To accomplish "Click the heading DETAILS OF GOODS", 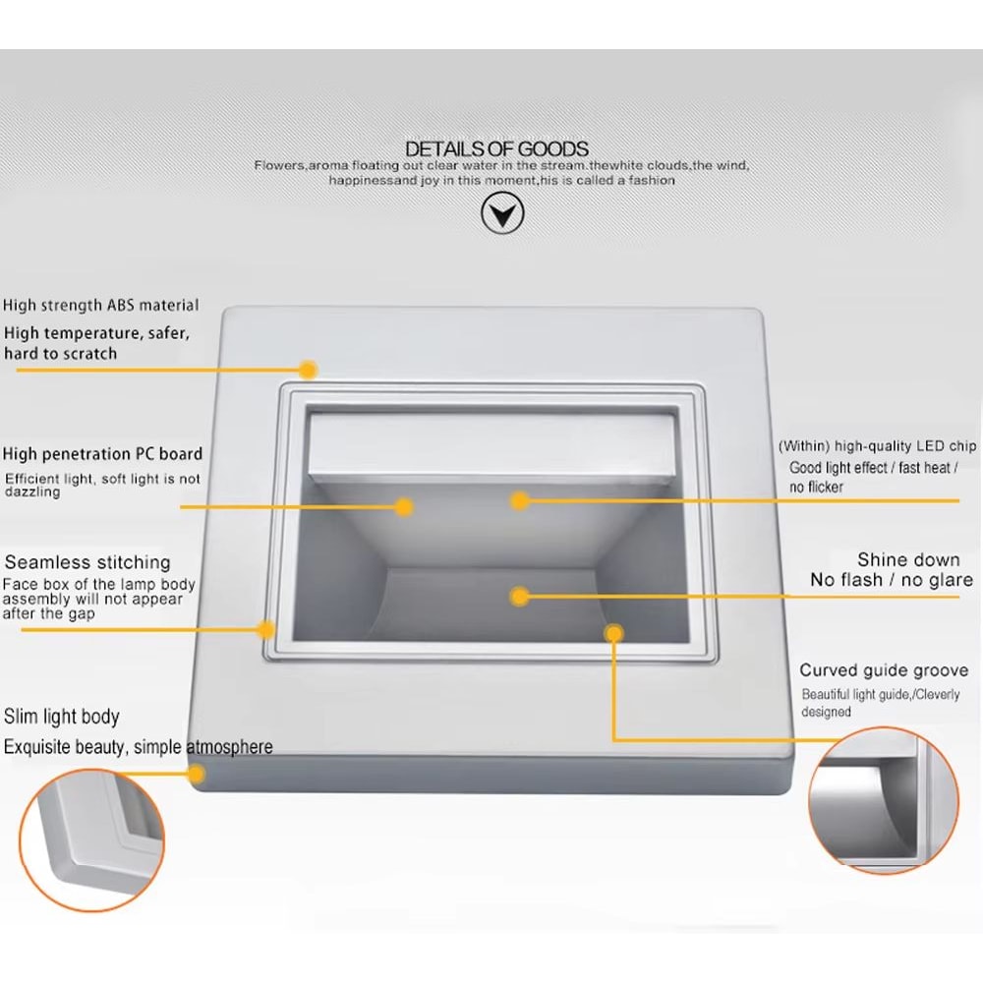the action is (496, 148).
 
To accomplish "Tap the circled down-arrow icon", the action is (502, 213).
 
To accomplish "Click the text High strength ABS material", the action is (101, 306).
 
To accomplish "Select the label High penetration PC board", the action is (103, 453).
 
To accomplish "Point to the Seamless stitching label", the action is (87, 561).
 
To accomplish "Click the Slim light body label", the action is (61, 717).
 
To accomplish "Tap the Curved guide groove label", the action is (884, 670).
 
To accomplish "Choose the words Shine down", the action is (908, 559).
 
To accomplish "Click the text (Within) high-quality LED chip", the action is (877, 445).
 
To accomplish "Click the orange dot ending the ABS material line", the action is (307, 370).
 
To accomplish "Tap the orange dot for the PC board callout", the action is (404, 506).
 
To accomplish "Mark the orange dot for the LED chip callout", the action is (519, 500).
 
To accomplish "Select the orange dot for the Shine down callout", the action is (519, 596).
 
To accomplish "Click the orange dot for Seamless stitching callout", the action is (266, 629).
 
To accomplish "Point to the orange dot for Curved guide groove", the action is (613, 633).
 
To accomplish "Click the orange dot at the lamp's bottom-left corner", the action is (197, 774).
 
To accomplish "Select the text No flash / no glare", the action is (892, 580).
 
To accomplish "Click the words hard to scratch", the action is (61, 354).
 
